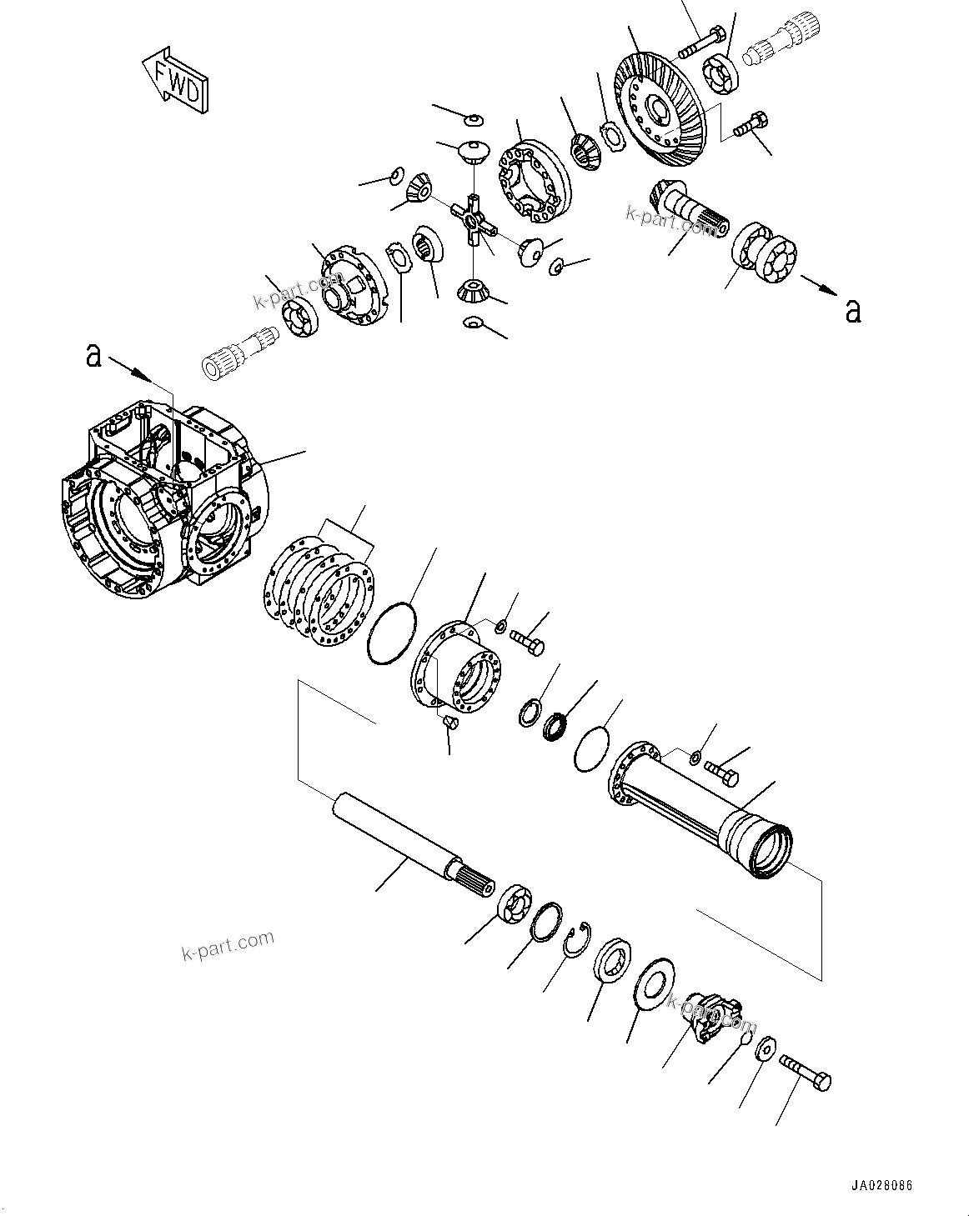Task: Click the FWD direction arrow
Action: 174,83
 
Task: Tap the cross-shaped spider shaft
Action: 473,220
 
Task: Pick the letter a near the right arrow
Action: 852,310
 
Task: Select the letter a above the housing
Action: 93,356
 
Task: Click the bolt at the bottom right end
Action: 806,1071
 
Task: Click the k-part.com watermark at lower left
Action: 228,944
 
